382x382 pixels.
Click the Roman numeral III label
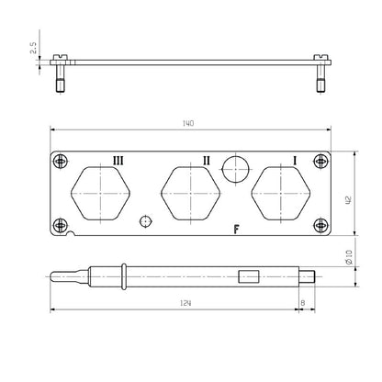point(118,160)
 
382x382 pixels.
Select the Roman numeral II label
point(207,160)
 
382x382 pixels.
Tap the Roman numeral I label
point(294,160)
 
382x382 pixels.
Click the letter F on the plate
point(236,230)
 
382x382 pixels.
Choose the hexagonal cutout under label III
point(101,194)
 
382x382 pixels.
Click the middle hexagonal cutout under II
point(189,194)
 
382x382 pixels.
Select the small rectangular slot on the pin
point(247,275)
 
